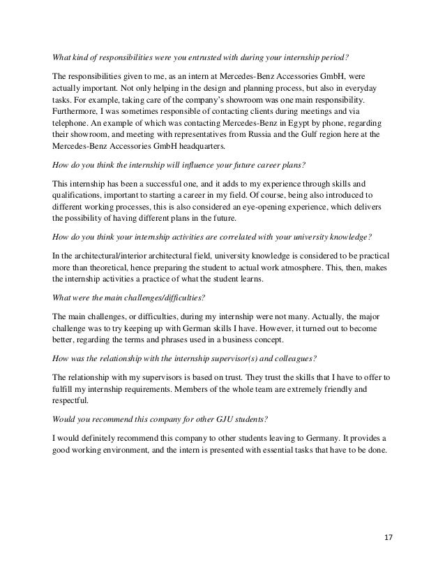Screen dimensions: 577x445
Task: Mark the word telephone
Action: [75, 122]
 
